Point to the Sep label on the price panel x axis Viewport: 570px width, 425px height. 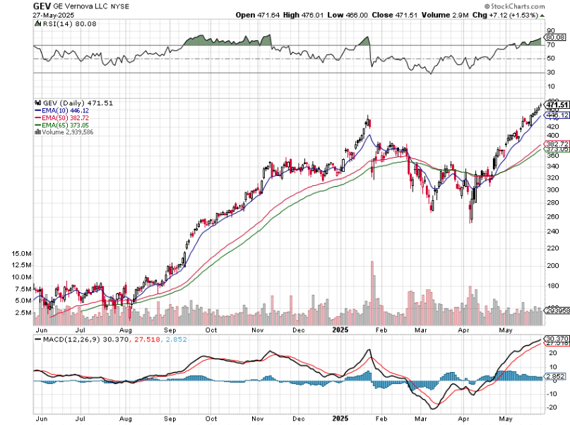click(170, 330)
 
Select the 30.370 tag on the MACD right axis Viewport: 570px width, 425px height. click(557, 339)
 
